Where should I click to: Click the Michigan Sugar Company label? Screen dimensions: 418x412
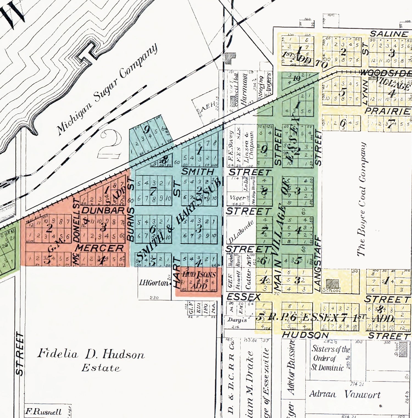(x=107, y=89)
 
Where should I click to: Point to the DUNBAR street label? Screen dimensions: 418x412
(x=103, y=211)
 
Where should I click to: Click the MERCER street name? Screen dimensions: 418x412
(x=100, y=248)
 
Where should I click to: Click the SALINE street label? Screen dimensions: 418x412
(x=389, y=34)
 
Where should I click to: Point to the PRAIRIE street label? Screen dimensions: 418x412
(x=387, y=111)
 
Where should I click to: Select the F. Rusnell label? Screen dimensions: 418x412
(x=43, y=412)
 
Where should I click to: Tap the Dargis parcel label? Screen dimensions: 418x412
(x=237, y=320)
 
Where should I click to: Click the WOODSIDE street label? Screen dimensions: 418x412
(x=385, y=73)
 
